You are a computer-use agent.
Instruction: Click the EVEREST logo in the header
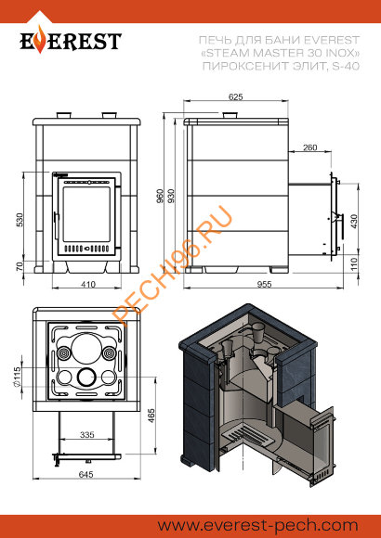pos(72,43)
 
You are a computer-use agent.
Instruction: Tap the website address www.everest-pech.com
pos(270,525)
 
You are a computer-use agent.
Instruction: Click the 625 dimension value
pos(235,96)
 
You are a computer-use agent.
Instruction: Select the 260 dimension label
pos(309,147)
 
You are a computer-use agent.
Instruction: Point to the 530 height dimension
pos(21,219)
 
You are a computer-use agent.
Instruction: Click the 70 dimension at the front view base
pos(21,267)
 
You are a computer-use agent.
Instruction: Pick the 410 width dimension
pos(88,284)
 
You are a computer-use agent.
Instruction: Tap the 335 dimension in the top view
pos(88,433)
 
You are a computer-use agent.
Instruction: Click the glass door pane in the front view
pos(87,211)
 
